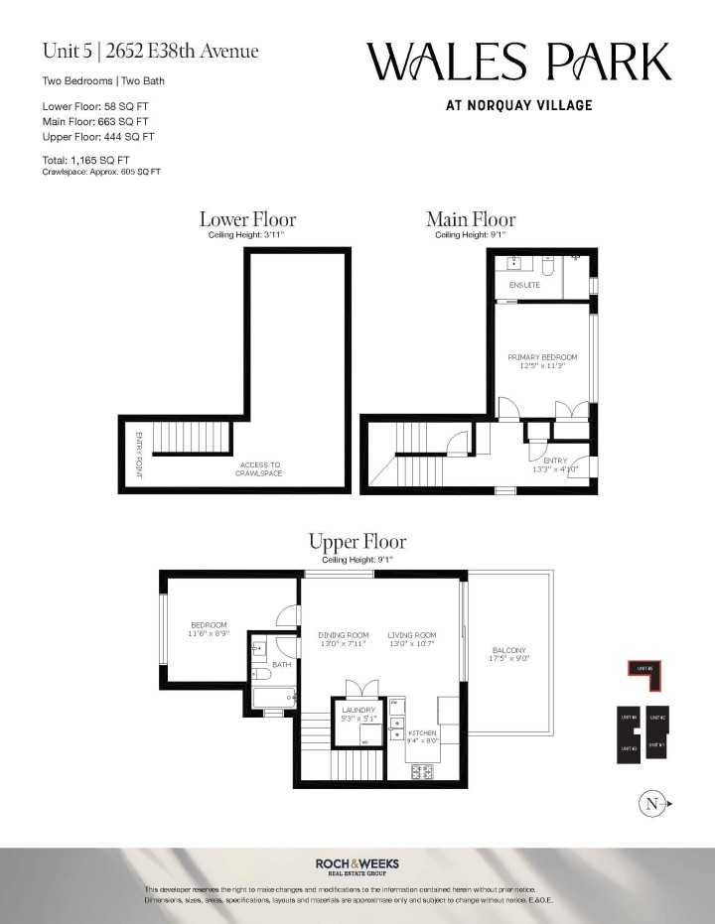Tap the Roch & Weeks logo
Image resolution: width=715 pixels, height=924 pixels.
click(357, 865)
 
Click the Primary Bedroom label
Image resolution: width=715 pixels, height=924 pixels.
click(542, 362)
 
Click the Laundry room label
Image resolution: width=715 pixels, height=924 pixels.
click(358, 715)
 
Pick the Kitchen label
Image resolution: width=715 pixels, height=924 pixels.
click(423, 735)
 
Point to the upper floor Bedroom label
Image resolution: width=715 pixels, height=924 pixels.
click(209, 629)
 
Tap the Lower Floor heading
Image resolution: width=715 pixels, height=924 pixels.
click(247, 219)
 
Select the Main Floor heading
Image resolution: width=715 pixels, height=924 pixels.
click(471, 219)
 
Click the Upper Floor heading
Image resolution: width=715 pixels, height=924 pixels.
click(357, 542)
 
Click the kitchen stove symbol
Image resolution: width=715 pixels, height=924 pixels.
click(422, 770)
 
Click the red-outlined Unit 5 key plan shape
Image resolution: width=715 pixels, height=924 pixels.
click(643, 672)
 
